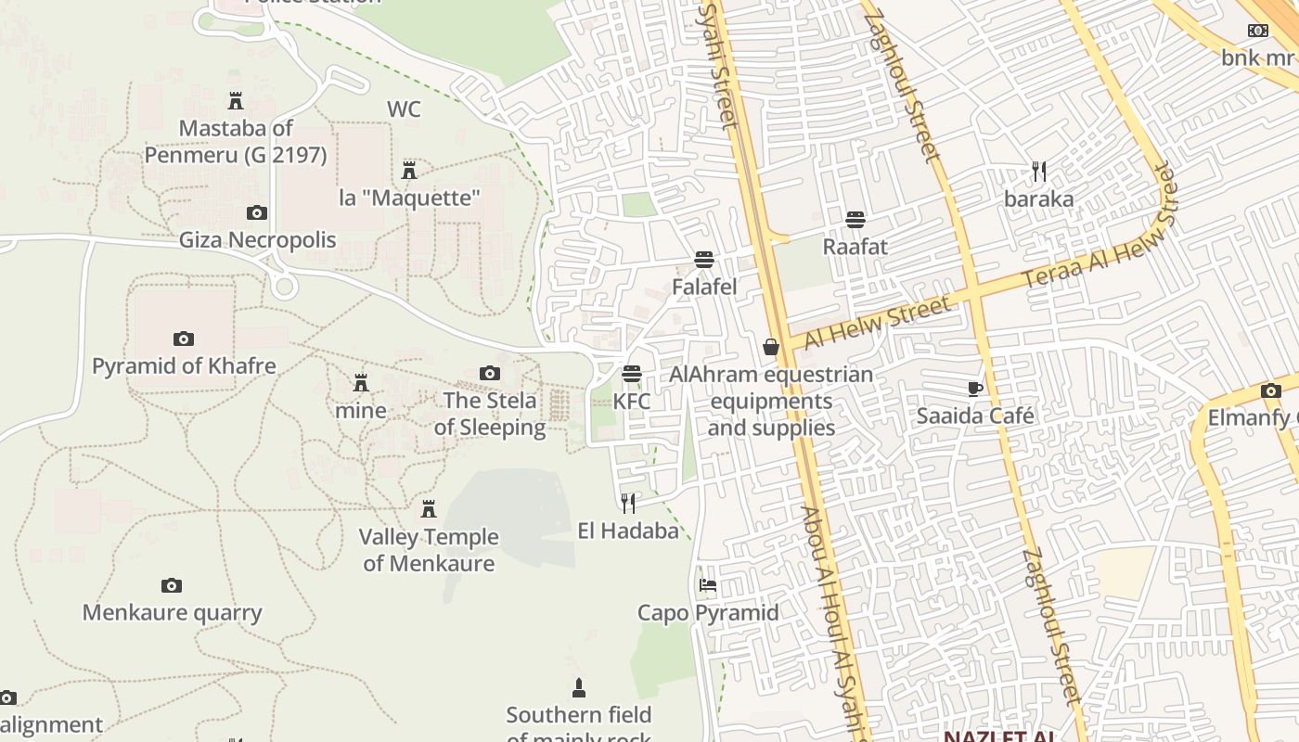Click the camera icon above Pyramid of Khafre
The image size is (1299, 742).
(x=184, y=339)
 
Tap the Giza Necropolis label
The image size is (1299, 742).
(x=257, y=240)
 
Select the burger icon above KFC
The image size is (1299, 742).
(x=632, y=374)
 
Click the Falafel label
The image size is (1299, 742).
(x=704, y=287)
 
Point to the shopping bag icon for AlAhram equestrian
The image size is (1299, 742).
(x=770, y=347)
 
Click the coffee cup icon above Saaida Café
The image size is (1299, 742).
(x=974, y=389)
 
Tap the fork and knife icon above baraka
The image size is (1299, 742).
(x=1039, y=172)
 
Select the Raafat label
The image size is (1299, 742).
(x=855, y=247)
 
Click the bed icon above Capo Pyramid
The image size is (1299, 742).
(x=707, y=585)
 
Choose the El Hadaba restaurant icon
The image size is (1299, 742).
(x=628, y=503)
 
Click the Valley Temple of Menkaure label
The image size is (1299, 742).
(x=429, y=550)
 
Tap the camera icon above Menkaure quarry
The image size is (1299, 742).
(x=172, y=585)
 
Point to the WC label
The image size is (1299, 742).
(x=404, y=109)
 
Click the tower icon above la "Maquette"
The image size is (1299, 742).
(x=408, y=171)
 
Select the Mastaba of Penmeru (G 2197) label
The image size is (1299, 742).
(x=236, y=141)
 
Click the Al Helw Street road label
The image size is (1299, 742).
(x=878, y=322)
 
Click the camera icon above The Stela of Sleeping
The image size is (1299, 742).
(x=489, y=374)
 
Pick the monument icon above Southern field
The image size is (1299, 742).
(x=579, y=687)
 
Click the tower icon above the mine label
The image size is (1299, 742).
(x=361, y=382)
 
